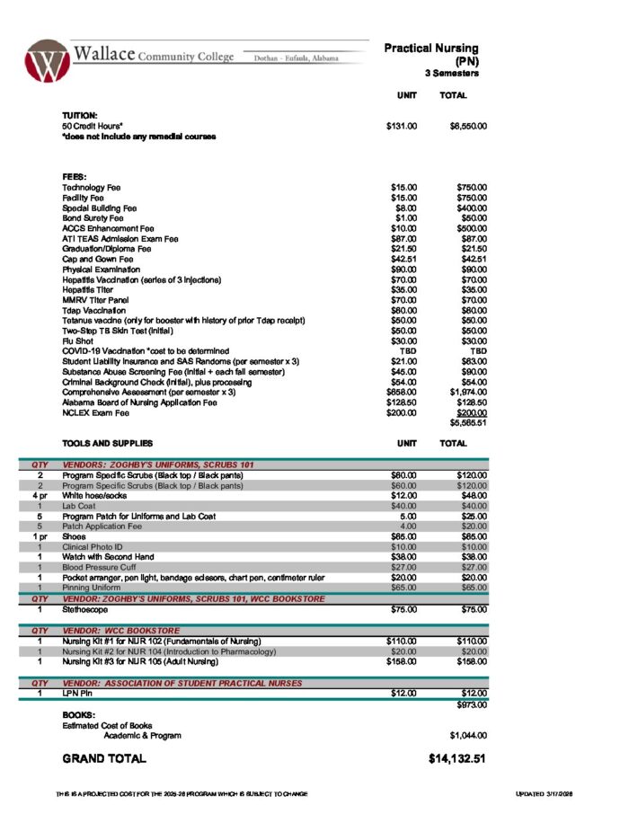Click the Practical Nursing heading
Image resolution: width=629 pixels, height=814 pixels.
[431, 49]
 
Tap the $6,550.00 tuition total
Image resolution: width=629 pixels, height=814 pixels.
[467, 127]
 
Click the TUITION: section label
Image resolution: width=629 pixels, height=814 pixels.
[80, 117]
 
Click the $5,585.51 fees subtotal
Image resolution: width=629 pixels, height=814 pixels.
[467, 422]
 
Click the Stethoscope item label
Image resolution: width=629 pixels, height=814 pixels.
[87, 609]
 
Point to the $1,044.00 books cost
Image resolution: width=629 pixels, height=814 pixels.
[467, 735]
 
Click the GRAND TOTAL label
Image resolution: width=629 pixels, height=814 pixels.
[103, 759]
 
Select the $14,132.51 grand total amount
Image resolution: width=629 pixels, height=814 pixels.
[457, 759]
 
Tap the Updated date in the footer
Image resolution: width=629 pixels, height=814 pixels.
[547, 794]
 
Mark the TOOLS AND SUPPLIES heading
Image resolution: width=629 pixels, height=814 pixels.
[108, 443]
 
